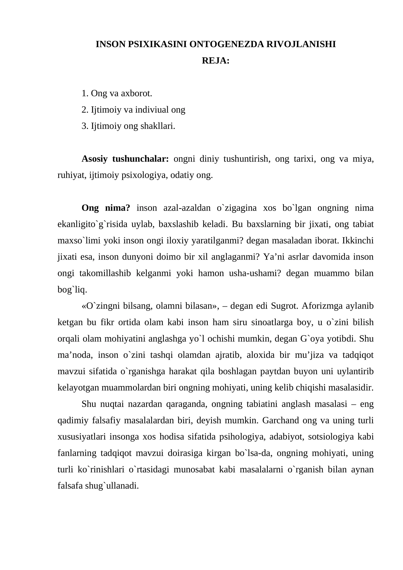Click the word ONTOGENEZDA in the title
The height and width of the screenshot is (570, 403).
click(226, 44)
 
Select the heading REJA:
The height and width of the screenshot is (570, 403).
click(216, 61)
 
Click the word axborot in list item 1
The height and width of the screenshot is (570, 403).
click(137, 93)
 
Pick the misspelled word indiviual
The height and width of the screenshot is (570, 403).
click(152, 110)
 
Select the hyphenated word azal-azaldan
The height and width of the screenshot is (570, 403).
click(187, 208)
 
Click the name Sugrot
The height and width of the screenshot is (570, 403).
click(285, 306)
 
